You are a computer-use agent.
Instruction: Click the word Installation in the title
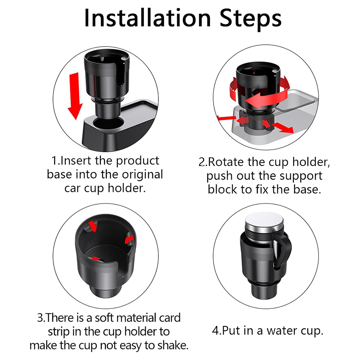coord(147,18)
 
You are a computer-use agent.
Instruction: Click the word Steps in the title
coord(251,18)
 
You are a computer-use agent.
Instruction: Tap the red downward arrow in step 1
coord(75,96)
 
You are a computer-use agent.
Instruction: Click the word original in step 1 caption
coord(142,175)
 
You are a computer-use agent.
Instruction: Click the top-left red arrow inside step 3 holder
coord(93,226)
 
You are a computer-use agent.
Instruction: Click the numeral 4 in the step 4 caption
coord(216,331)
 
